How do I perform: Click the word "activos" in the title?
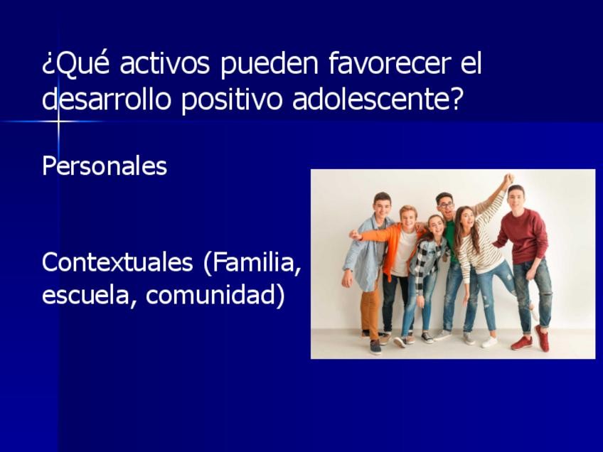pyautogui.click(x=164, y=63)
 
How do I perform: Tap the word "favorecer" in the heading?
pyautogui.click(x=390, y=63)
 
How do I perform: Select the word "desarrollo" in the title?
pyautogui.click(x=106, y=99)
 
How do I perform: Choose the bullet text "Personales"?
pyautogui.click(x=105, y=166)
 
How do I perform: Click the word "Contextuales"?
pyautogui.click(x=117, y=262)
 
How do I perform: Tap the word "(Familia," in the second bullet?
pyautogui.click(x=252, y=264)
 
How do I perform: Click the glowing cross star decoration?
pyautogui.click(x=58, y=122)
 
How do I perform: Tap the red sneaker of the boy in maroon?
pyautogui.click(x=522, y=343)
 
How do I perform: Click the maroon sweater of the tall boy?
pyautogui.click(x=524, y=237)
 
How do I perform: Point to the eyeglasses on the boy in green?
pyautogui.click(x=446, y=205)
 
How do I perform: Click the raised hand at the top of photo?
pyautogui.click(x=508, y=180)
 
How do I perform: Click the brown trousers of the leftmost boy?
pyautogui.click(x=370, y=311)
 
